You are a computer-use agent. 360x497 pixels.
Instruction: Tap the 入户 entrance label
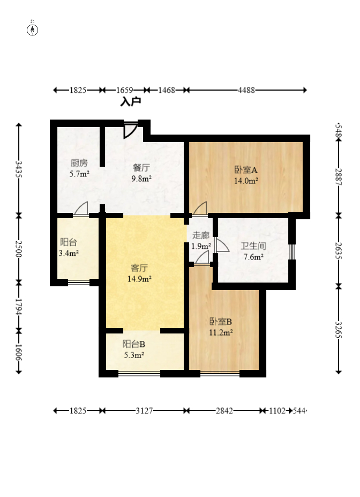[131, 102]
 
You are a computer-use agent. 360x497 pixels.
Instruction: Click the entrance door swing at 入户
[130, 130]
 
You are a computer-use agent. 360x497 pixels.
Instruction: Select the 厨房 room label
[79, 163]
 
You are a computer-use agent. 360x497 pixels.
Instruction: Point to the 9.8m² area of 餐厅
[141, 179]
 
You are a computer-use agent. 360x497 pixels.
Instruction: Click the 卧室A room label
[246, 170]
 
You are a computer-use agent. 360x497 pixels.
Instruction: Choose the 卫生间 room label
[253, 246]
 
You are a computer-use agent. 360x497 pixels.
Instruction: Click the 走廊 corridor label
[201, 235]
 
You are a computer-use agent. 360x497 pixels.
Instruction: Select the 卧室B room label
[221, 322]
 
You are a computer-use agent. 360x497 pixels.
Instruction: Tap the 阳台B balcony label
[134, 344]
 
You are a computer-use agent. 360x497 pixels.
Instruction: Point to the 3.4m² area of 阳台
[69, 253]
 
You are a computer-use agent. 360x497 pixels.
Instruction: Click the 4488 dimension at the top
[246, 90]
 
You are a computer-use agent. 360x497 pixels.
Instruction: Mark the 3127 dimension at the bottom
[144, 411]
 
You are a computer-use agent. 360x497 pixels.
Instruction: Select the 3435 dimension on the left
[19, 169]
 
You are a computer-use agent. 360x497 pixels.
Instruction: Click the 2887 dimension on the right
[339, 177]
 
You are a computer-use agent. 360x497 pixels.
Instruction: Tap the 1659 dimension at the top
[124, 90]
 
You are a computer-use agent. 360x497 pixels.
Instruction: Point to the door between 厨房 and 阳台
[81, 209]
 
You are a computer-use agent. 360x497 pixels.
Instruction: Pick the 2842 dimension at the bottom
[224, 411]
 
